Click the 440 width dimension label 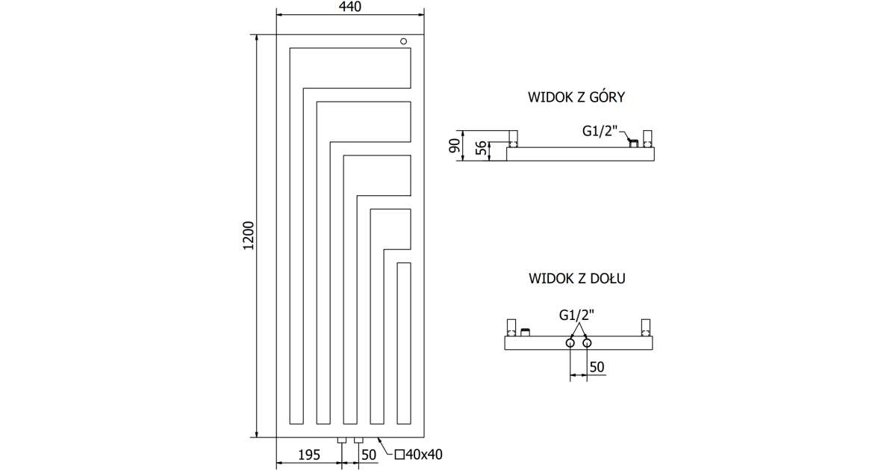coord(350,7)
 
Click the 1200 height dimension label coord(249,235)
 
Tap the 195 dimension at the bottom coord(310,454)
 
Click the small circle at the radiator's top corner coord(404,42)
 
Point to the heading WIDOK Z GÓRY coord(576,97)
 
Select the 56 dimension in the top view coord(483,150)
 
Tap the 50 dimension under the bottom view coord(597,366)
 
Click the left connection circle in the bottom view coord(570,343)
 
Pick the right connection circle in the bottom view coord(587,343)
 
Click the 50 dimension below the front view coord(369,454)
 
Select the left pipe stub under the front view coord(341,440)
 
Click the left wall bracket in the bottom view coord(511,327)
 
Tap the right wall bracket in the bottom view coord(646,327)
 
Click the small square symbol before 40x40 coord(399,454)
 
